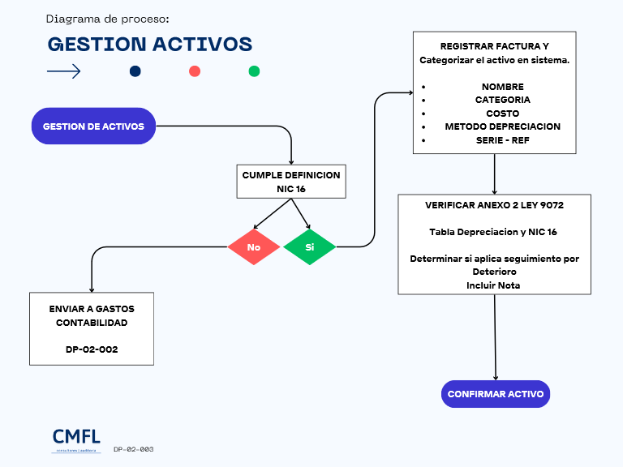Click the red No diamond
coord(253,246)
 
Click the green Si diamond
coord(309,246)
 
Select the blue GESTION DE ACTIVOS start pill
coord(93,126)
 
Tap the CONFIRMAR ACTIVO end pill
coord(496,394)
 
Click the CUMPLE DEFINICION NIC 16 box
coord(291,182)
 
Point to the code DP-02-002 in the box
coord(91,349)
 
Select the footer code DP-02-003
coord(134,448)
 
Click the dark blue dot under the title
coord(135,71)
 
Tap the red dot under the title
coord(195,71)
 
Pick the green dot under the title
coord(254,71)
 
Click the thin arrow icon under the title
coord(64,71)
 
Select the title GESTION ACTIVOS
coord(149,44)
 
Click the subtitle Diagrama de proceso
coord(108,19)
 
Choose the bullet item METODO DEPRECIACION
coord(502,126)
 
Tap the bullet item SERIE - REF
coord(502,140)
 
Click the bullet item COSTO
coord(502,114)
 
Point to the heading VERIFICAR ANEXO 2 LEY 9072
coord(494,205)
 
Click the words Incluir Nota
coord(493,285)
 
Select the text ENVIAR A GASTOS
coord(91,309)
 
